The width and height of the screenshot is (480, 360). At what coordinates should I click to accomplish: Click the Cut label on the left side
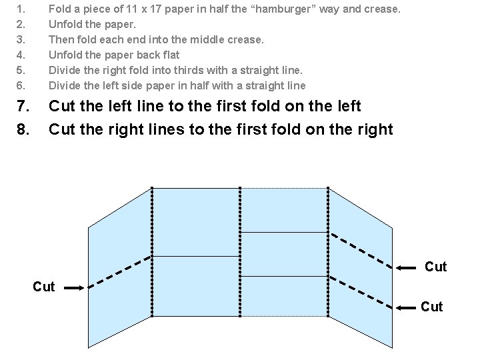pos(43,287)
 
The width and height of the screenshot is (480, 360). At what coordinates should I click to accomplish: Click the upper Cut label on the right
pos(435,267)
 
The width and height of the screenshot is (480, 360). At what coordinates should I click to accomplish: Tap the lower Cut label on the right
pos(431,307)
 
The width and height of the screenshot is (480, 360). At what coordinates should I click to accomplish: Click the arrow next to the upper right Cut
pos(408,267)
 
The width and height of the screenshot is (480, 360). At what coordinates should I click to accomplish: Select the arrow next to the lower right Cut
pos(407,307)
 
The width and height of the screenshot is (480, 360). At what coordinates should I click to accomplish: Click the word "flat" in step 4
pos(169,55)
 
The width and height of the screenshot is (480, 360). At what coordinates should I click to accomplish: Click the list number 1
pos(20,9)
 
